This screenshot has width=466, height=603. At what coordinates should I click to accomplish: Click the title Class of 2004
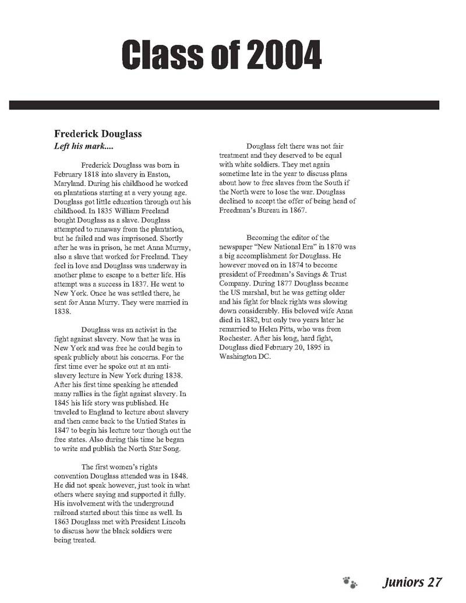[221, 56]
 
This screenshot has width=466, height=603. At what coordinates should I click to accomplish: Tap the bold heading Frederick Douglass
[98, 134]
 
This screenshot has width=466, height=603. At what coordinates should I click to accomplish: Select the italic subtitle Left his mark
[83, 146]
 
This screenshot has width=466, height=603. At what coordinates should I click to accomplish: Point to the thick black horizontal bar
[224, 105]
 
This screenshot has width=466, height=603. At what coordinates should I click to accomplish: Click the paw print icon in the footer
[349, 582]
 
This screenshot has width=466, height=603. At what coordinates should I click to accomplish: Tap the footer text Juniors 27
[412, 582]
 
